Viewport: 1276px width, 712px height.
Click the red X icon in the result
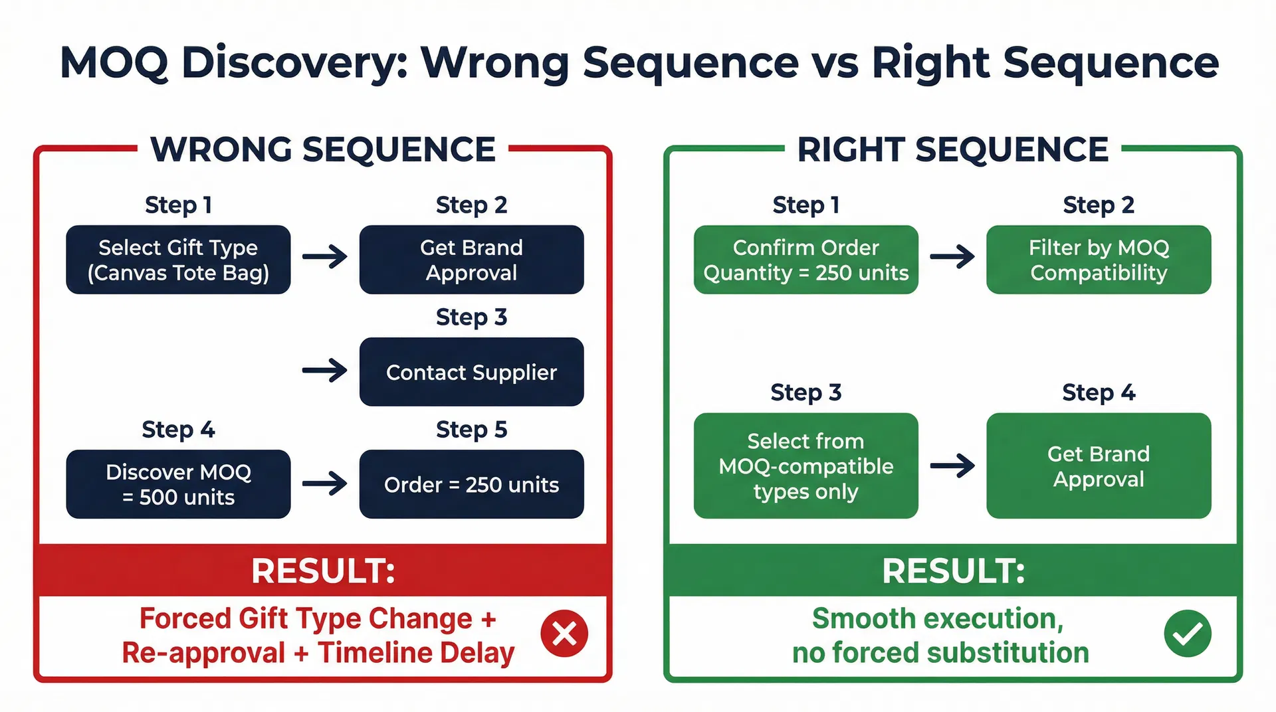pos(564,634)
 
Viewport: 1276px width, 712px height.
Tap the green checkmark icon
pos(1188,634)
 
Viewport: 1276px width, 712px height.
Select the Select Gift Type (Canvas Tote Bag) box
pos(178,260)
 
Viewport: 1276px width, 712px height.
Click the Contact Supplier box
pos(471,372)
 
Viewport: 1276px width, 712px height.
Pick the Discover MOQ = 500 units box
pos(178,484)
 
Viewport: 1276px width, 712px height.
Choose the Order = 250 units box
pos(471,484)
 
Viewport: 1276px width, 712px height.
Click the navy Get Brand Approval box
pos(471,260)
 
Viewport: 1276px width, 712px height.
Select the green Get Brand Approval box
pos(1099,466)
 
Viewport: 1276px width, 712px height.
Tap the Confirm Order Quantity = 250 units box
pos(805,260)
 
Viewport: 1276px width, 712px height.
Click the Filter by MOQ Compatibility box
pos(1099,260)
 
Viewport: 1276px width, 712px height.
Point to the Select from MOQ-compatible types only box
pos(805,466)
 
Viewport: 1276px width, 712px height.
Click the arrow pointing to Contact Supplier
pos(325,370)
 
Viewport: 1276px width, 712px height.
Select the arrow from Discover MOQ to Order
pos(325,483)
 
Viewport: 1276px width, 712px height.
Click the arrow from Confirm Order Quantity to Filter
pos(952,256)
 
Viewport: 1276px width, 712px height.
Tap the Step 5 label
pos(471,430)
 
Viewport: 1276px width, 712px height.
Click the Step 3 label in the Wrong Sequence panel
pos(471,317)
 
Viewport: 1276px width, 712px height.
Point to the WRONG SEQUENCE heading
pos(323,149)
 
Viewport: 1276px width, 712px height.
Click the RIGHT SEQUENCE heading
pos(952,149)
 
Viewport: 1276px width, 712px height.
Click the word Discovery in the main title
pos(294,63)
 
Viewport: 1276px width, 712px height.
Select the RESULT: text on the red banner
pos(323,571)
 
